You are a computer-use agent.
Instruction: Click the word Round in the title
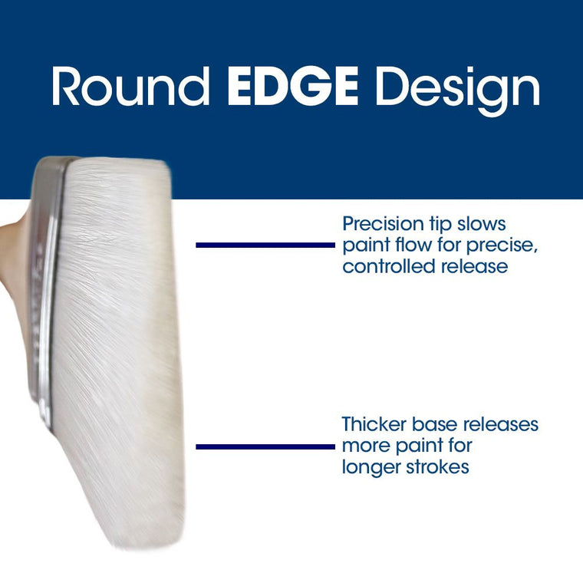(130, 88)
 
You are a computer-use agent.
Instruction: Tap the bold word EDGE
(293, 88)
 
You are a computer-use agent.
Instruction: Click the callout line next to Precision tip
(265, 245)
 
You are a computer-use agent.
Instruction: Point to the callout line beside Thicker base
(265, 446)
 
